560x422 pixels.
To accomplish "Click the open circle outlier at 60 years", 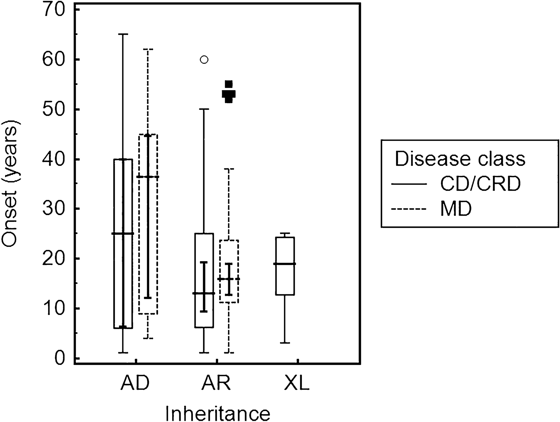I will pyautogui.click(x=204, y=60).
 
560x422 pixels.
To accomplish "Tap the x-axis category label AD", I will pyautogui.click(x=135, y=383).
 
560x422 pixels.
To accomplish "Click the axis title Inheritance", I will pyautogui.click(x=218, y=413).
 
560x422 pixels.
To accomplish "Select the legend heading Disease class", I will pyautogui.click(x=460, y=159).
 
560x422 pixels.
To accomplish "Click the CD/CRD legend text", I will pyautogui.click(x=481, y=184).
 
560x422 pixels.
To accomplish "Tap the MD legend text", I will pyautogui.click(x=456, y=209).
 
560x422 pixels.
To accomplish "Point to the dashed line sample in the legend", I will pyautogui.click(x=409, y=209).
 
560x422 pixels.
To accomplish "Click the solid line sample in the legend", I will pyautogui.click(x=409, y=184).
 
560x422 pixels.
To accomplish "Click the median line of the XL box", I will pyautogui.click(x=285, y=264).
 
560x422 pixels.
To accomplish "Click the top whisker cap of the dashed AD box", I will pyautogui.click(x=148, y=49).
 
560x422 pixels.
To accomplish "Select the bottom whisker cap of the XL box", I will pyautogui.click(x=285, y=343).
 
